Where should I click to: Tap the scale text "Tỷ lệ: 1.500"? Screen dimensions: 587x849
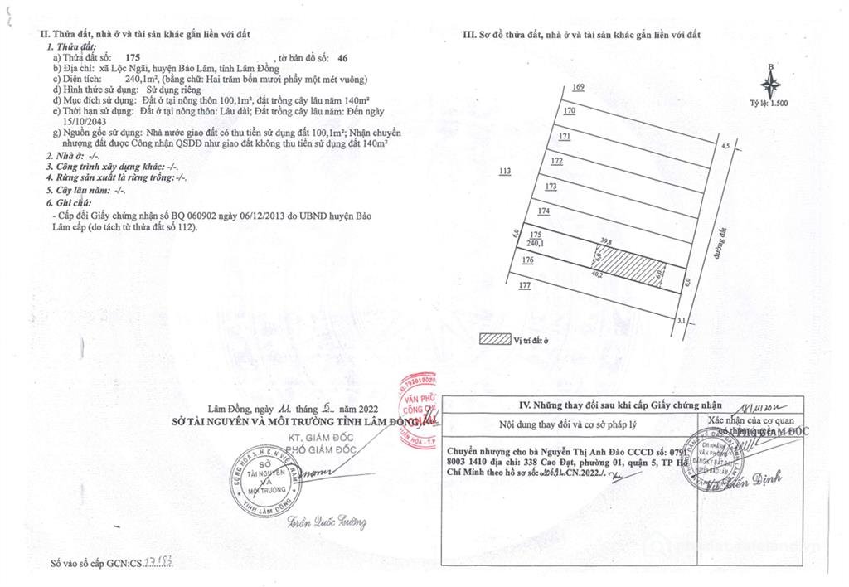(x=769, y=103)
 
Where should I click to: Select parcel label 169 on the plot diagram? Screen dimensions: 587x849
(x=579, y=88)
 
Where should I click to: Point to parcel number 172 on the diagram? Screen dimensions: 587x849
(x=557, y=162)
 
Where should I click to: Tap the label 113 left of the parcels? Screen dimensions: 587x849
(x=506, y=172)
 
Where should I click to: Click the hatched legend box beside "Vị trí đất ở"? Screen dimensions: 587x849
(x=495, y=339)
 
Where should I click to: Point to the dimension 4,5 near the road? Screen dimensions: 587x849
(x=725, y=146)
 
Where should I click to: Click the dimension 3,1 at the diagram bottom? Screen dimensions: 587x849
(x=681, y=320)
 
